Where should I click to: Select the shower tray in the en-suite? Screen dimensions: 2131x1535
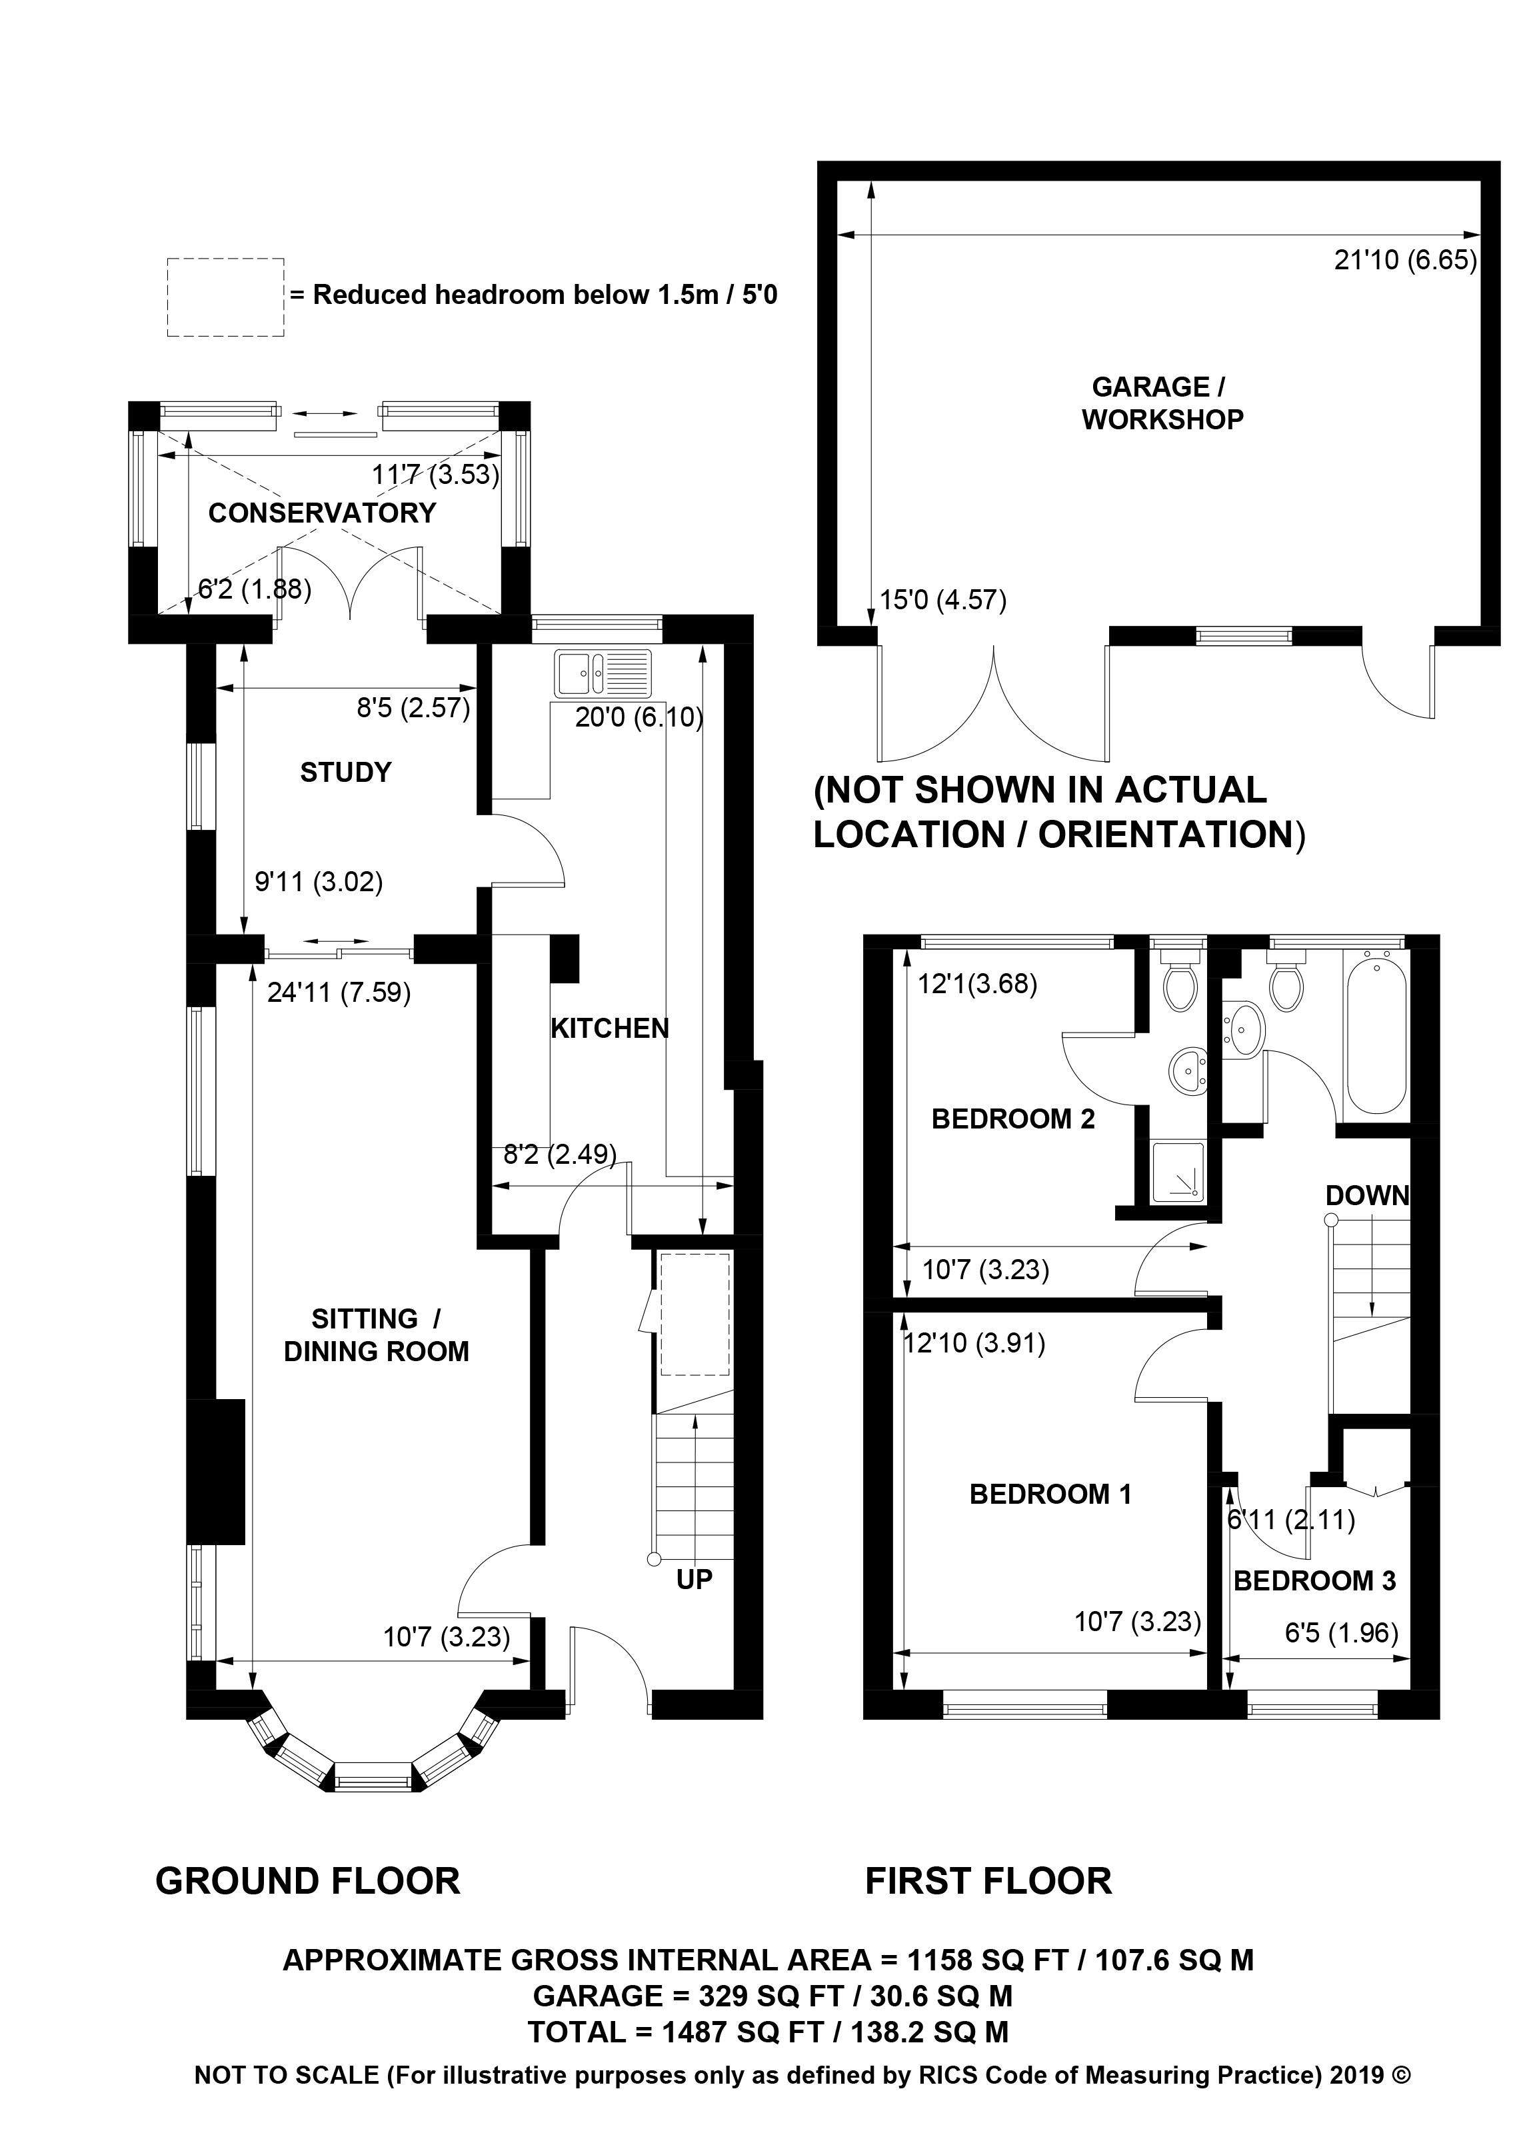click(x=1177, y=1170)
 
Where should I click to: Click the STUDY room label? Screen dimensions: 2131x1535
click(x=345, y=773)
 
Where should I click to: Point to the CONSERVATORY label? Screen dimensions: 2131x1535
click(x=322, y=513)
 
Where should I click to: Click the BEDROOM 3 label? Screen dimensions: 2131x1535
click(x=1314, y=1580)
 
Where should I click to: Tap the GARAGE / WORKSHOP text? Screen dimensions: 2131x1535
click(x=1162, y=403)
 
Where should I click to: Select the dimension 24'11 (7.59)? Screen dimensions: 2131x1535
click(x=339, y=993)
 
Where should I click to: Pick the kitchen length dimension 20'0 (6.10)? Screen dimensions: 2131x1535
click(x=639, y=718)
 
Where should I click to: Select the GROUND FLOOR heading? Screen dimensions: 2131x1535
click(x=307, y=1882)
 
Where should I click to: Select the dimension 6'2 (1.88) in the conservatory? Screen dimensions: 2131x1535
click(x=255, y=589)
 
